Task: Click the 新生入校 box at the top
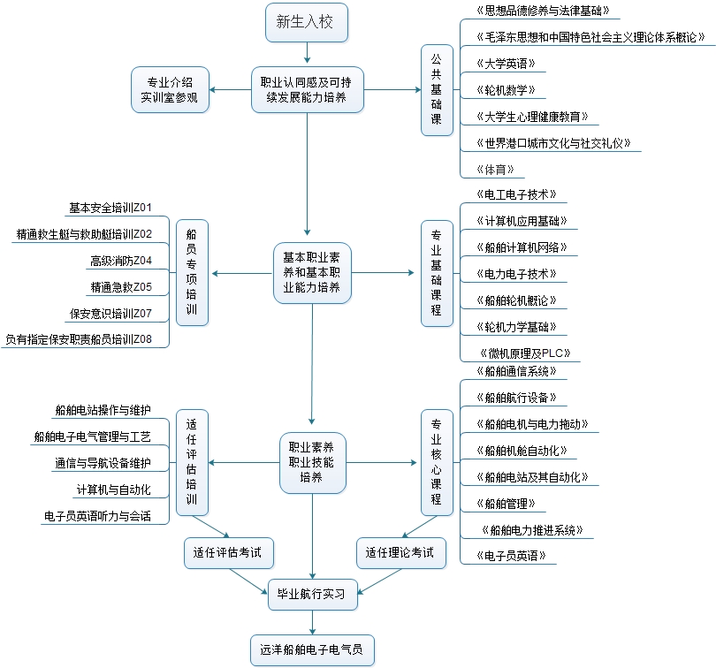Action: point(305,22)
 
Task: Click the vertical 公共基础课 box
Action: point(437,90)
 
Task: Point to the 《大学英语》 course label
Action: point(505,65)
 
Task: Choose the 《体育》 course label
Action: point(494,169)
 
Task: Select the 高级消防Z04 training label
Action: point(121,261)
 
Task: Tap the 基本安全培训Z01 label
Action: point(110,209)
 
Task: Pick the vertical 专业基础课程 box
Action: point(437,274)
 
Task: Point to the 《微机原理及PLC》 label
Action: point(523,353)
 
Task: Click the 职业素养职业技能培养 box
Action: point(312,462)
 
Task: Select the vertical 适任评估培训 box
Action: point(192,462)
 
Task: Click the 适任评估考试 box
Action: point(229,553)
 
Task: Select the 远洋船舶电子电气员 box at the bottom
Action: point(313,650)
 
